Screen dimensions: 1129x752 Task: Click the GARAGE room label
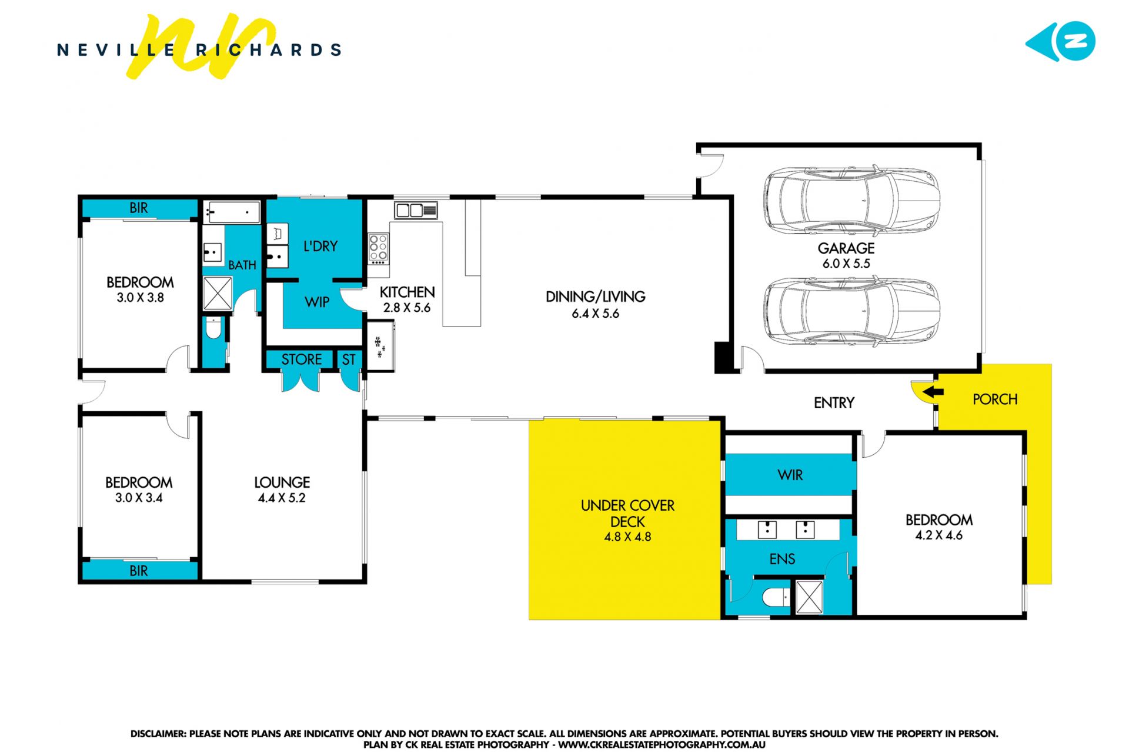click(x=846, y=248)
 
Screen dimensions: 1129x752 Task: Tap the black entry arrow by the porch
click(x=933, y=392)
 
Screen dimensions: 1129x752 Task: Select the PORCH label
click(x=995, y=400)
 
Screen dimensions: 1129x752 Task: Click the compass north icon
click(x=1060, y=42)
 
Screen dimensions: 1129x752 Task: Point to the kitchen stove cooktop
click(x=378, y=248)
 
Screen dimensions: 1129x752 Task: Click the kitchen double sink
click(x=416, y=210)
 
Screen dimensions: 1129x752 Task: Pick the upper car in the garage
click(x=851, y=200)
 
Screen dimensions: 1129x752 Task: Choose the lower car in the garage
click(x=851, y=312)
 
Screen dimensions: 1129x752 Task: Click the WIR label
click(x=790, y=475)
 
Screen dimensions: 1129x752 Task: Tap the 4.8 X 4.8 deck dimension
click(x=627, y=537)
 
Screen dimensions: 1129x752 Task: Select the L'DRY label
click(x=320, y=246)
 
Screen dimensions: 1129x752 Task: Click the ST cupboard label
click(x=349, y=360)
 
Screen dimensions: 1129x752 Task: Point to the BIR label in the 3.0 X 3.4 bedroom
click(x=139, y=571)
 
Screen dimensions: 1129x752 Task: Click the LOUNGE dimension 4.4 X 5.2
click(x=282, y=498)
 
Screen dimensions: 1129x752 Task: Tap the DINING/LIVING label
click(x=595, y=297)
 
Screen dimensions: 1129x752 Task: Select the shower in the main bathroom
click(x=218, y=293)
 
